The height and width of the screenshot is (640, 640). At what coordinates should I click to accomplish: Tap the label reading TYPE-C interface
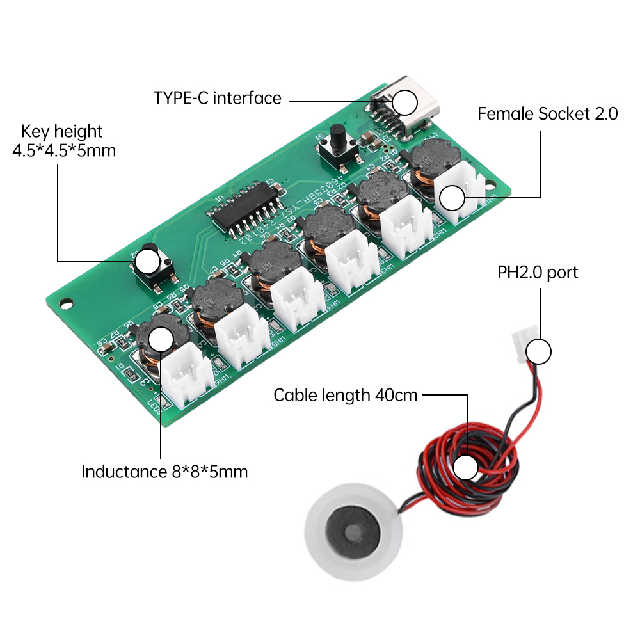click(x=217, y=98)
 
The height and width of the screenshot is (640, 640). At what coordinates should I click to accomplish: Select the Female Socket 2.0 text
click(x=547, y=115)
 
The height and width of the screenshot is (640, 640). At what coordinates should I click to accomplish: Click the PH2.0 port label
click(x=538, y=273)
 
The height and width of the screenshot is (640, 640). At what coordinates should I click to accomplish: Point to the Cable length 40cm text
click(x=345, y=395)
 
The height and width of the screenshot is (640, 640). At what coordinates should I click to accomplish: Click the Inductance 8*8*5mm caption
click(x=164, y=472)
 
